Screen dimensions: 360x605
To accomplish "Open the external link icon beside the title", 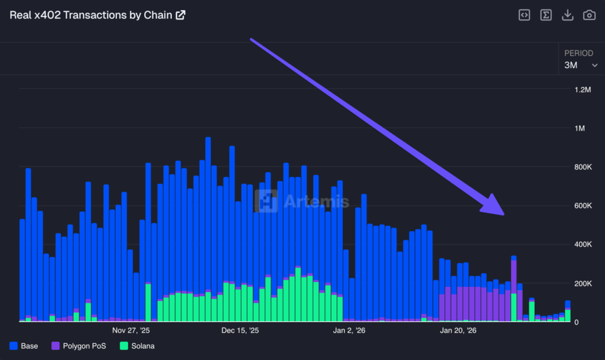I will click(x=180, y=15).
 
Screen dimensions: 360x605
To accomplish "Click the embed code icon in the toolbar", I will click(x=524, y=15).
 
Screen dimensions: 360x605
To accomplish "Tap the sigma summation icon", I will click(x=546, y=15).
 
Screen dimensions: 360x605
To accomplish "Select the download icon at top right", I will click(x=567, y=15).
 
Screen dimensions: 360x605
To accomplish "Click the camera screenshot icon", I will click(x=589, y=15).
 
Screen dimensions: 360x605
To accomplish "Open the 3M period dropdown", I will click(x=580, y=65).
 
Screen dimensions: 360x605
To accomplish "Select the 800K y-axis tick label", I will click(x=583, y=167).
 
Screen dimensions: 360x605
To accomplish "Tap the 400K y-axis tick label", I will click(x=583, y=245).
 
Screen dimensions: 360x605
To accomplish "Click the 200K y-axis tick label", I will click(x=583, y=284).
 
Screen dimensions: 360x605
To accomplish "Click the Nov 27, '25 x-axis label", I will click(x=131, y=330).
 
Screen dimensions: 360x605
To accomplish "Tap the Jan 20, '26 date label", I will click(x=458, y=330).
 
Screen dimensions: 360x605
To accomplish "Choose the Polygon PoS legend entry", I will click(x=79, y=346).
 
